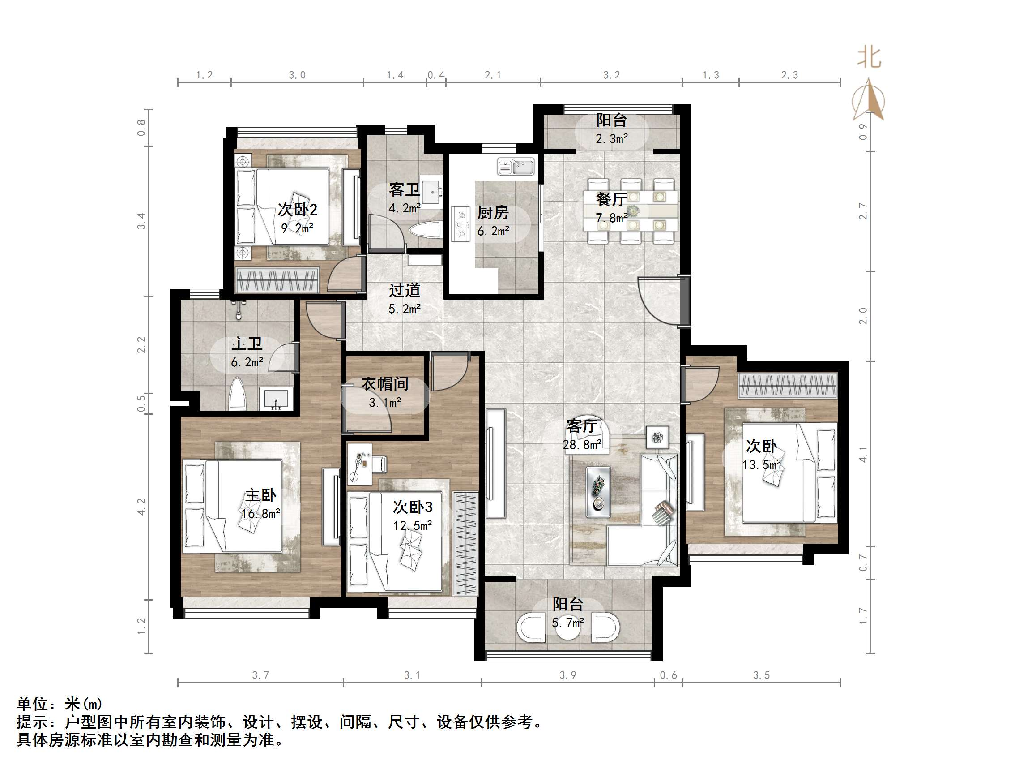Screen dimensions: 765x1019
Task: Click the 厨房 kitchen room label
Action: click(492, 213)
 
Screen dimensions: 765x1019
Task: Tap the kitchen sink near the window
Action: click(516, 166)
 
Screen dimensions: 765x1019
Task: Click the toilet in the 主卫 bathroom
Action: click(237, 393)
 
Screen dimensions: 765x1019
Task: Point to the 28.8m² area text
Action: click(582, 444)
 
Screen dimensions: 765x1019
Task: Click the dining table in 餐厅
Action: click(630, 211)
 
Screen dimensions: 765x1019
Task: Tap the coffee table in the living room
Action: click(598, 492)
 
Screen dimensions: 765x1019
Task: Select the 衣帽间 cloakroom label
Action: click(385, 384)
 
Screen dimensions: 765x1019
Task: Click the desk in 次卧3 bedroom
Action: click(359, 464)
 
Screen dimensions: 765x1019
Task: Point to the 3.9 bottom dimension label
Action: click(567, 675)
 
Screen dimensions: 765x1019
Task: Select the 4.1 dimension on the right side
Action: click(863, 454)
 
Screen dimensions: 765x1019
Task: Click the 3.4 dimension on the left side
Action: click(141, 221)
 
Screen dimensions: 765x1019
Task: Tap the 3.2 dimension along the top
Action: click(611, 75)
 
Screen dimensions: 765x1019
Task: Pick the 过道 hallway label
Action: click(405, 290)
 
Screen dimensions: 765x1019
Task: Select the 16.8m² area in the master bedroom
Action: click(261, 513)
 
